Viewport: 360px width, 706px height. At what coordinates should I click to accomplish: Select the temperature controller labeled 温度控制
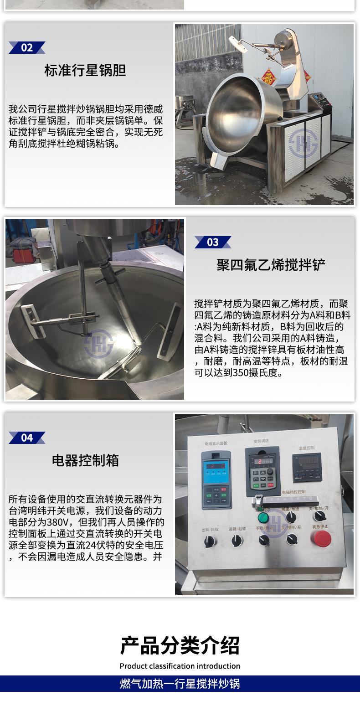click(307, 468)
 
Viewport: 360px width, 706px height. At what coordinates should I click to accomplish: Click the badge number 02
click(27, 48)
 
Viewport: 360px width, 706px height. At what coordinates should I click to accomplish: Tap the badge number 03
click(213, 242)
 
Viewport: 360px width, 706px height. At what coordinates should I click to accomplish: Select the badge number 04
click(27, 438)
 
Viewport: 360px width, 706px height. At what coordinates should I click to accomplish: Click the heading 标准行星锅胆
click(85, 71)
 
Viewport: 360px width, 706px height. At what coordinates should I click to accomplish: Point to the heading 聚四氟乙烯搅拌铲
click(271, 265)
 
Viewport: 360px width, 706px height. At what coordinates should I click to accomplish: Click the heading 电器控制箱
click(85, 461)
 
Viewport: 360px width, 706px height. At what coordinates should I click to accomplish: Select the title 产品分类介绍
click(180, 645)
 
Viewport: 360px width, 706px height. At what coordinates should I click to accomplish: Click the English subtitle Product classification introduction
click(180, 666)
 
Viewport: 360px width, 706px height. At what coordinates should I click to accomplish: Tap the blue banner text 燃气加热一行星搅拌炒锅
click(180, 684)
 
